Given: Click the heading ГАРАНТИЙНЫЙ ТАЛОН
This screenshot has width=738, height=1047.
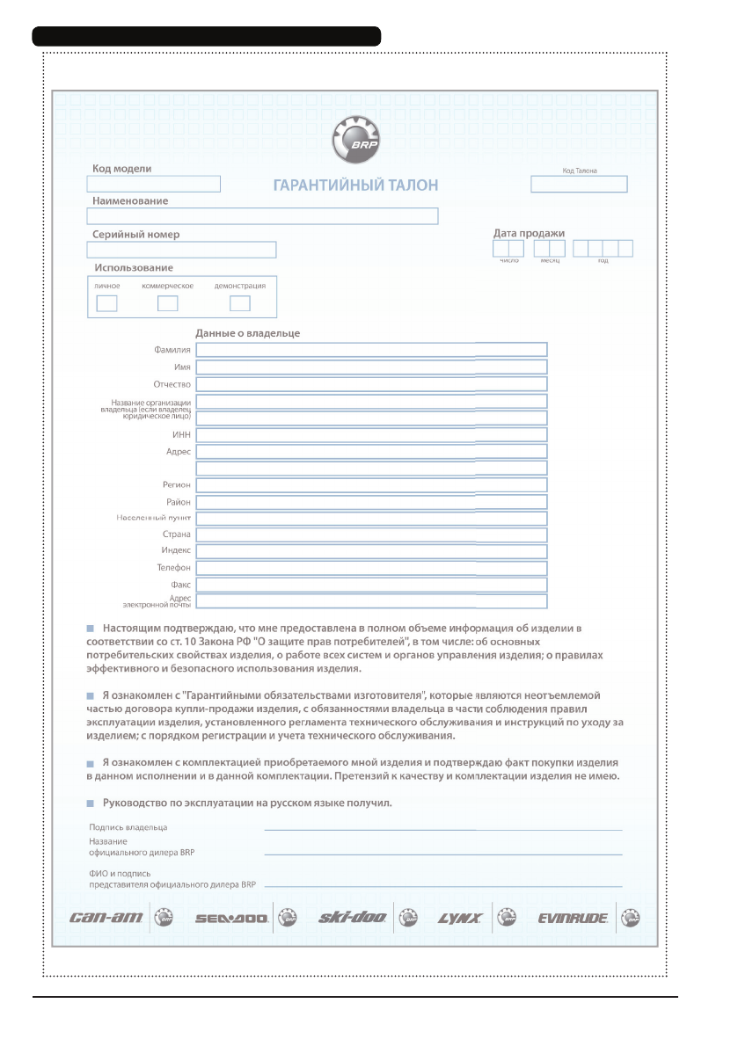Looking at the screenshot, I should (x=356, y=185).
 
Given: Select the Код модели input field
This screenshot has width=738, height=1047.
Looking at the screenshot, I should (x=153, y=184).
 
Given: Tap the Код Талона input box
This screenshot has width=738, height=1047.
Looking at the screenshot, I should (x=579, y=184).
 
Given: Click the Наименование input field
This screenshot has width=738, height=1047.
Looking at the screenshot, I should (x=262, y=216).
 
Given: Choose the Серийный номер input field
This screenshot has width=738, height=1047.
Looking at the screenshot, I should (x=181, y=250).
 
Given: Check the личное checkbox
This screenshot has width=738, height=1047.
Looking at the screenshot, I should (x=106, y=304).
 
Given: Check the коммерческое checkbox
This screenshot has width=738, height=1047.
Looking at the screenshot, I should (x=167, y=304).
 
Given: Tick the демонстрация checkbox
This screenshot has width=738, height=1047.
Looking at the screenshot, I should (x=239, y=304).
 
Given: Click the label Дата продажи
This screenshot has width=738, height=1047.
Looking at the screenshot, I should (x=529, y=233).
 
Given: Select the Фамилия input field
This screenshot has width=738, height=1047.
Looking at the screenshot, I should (x=371, y=350).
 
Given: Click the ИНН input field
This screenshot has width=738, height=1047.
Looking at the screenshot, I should (x=371, y=434).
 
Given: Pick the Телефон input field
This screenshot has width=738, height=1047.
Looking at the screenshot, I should (x=371, y=568).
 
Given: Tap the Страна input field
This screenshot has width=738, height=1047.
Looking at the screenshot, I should (x=371, y=534).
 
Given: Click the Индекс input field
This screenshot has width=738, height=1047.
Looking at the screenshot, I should (x=371, y=551).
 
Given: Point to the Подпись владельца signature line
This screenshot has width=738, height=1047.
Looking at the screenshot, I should (x=443, y=829).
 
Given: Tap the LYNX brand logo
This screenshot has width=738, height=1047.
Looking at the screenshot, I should (x=460, y=919).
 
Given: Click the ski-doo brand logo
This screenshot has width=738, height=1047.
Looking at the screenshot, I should (x=352, y=919).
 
